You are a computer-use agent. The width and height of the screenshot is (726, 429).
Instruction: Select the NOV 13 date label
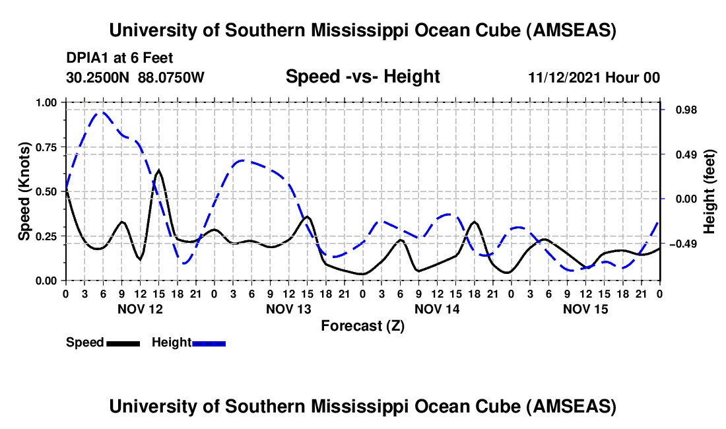pos(288,309)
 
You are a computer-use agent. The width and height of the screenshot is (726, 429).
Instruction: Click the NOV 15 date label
pos(585,309)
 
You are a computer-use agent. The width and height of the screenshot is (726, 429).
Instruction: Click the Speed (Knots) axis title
pos(24,191)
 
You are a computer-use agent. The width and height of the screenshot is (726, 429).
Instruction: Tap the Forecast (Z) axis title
pos(362,325)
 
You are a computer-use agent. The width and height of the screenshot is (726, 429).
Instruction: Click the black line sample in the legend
pos(122,343)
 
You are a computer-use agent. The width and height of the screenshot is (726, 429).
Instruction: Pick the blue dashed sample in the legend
pos(209,343)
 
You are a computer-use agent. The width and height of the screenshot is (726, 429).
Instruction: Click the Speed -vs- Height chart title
pos(362,77)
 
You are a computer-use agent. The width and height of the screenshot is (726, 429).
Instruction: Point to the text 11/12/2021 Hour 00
pos(594,77)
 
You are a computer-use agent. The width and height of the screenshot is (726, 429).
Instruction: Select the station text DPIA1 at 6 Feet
pos(119,58)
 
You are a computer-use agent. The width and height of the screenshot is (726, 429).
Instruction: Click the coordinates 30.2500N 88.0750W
pos(135,77)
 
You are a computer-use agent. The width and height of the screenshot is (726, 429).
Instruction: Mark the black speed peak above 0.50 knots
pos(159,170)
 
